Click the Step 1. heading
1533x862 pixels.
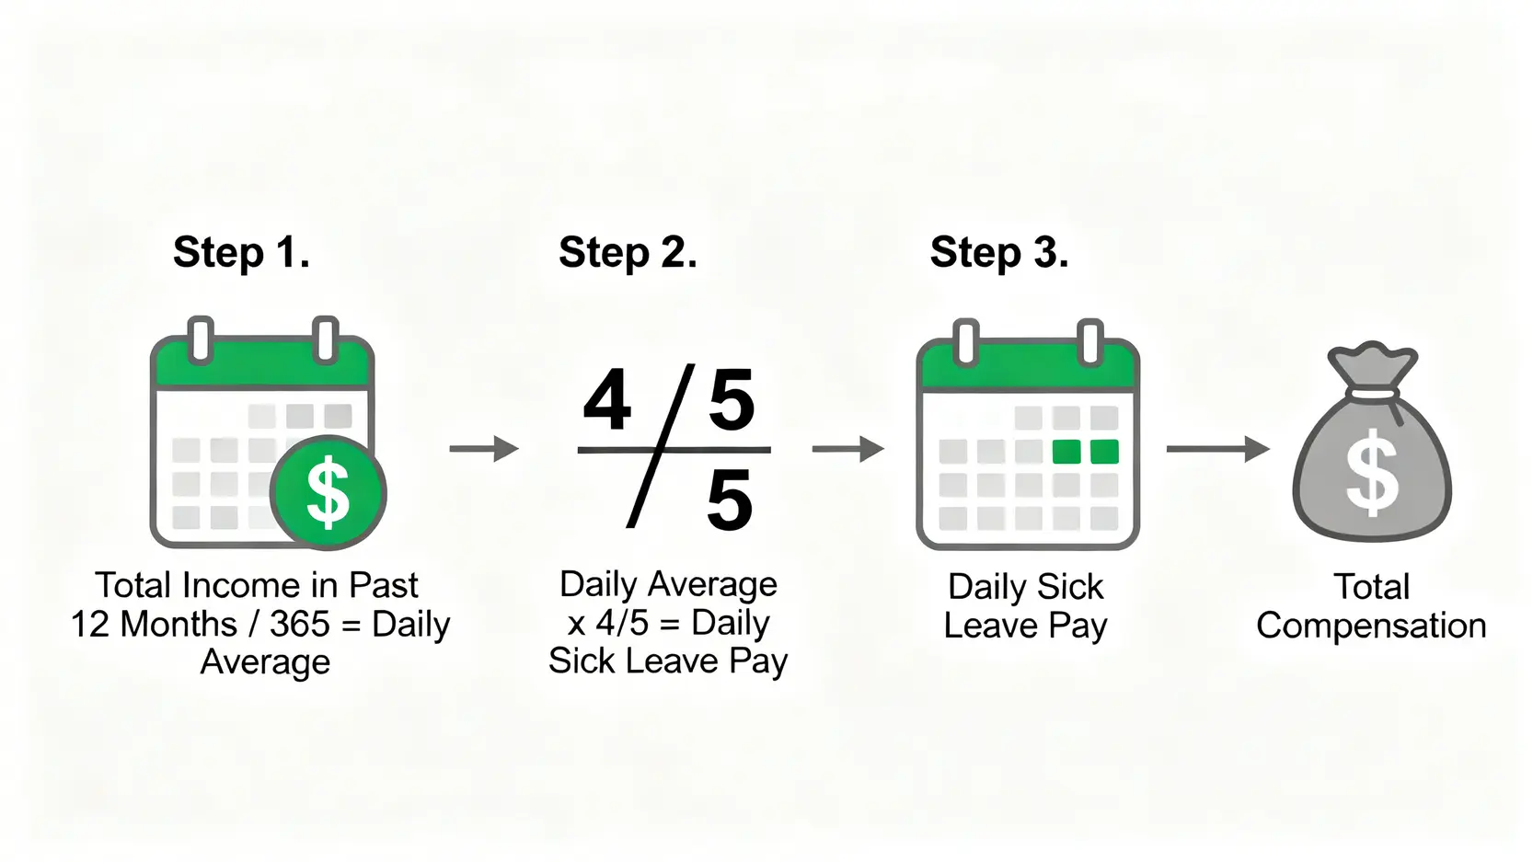coord(241,252)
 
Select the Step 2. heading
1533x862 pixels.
coord(628,252)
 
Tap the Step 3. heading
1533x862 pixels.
coord(999,252)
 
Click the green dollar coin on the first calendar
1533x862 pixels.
coord(328,492)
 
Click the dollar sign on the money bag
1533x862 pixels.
coord(1372,472)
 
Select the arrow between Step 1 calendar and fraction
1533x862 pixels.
coord(484,449)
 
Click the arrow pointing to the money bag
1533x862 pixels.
coord(1218,449)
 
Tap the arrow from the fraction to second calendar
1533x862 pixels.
coord(848,449)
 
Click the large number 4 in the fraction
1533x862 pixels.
coord(607,400)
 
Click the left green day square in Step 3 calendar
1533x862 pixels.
coord(1066,452)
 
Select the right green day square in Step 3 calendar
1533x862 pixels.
coord(1104,452)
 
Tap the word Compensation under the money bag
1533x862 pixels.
coord(1371,626)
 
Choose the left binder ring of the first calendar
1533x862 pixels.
coord(201,339)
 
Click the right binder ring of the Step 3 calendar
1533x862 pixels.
coord(1090,341)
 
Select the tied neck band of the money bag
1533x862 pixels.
coord(1372,394)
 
